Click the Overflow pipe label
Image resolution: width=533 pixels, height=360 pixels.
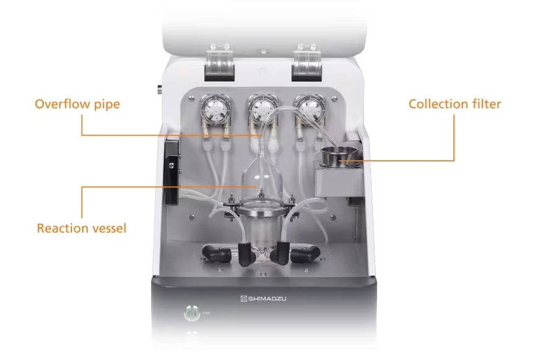[77, 104]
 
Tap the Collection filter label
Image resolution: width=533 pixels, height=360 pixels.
[455, 104]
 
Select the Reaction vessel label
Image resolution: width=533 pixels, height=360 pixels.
[82, 228]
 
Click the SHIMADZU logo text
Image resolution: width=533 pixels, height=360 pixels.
[264, 299]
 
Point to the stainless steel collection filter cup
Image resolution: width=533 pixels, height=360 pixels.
[339, 157]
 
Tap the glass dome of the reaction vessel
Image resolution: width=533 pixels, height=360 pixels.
[261, 180]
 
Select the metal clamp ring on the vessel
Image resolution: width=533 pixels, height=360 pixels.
[261, 211]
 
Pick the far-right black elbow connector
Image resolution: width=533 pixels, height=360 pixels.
[305, 253]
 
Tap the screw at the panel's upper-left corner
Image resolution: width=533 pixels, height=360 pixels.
[192, 99]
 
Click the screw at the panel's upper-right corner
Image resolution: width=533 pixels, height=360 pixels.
[335, 99]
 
